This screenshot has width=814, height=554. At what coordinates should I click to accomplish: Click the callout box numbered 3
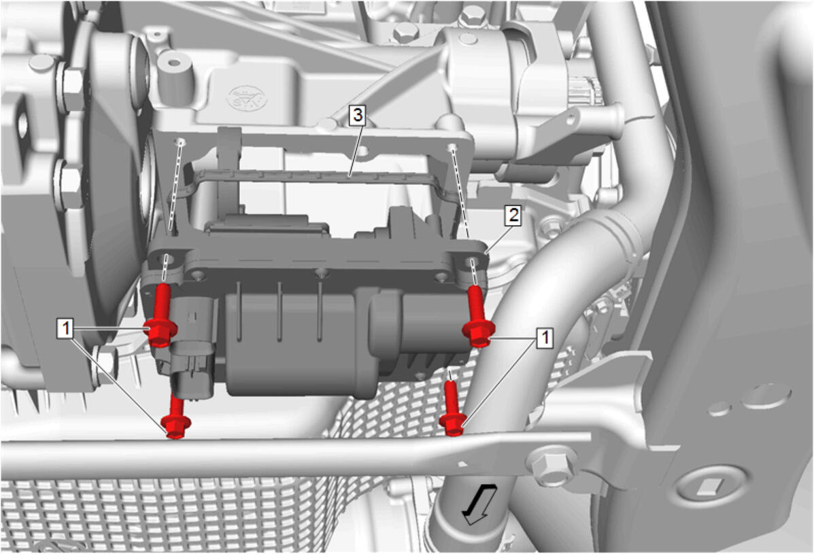(x=357, y=115)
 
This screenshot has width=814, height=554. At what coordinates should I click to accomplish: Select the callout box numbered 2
(x=513, y=215)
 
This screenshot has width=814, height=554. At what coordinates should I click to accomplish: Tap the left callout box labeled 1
(x=65, y=328)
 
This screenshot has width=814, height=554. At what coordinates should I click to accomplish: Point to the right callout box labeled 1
(x=545, y=339)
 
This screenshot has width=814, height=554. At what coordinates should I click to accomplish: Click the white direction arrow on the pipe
(x=480, y=504)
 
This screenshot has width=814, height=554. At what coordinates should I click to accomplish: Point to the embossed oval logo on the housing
(x=248, y=98)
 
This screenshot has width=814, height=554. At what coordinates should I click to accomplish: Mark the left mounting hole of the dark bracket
(x=167, y=258)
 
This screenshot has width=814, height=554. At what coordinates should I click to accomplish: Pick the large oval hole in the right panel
(x=766, y=396)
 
